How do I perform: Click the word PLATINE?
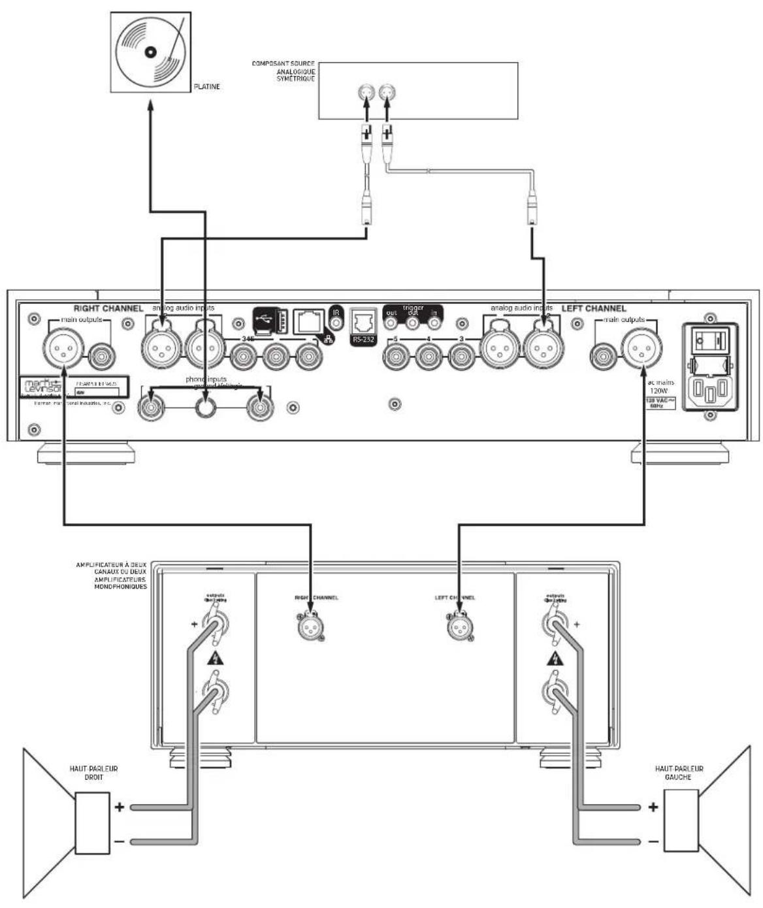coord(207,87)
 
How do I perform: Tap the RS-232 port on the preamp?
coord(363,325)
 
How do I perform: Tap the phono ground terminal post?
coord(206,408)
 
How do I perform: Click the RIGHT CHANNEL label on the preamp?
coord(108,308)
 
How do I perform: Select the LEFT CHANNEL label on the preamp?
coord(594,308)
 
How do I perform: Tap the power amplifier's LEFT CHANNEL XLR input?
coord(457,626)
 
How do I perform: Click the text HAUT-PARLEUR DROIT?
coord(93,773)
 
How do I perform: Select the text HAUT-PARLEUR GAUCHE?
coord(679,773)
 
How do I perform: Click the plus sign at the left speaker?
coord(653,807)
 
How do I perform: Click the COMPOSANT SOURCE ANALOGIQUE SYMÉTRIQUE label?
coord(284,71)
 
